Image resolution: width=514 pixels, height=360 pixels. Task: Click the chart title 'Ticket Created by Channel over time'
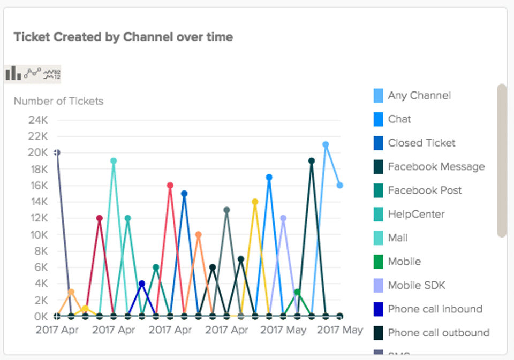123,37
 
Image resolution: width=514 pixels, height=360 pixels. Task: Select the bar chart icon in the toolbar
13,73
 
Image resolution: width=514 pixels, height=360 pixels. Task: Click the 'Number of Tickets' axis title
58,101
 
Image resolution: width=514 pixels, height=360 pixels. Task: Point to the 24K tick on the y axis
38,119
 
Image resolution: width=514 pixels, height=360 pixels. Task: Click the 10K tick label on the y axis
38,234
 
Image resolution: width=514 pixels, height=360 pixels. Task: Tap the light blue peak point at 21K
326,144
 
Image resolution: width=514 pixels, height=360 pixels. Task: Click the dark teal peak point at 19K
311,160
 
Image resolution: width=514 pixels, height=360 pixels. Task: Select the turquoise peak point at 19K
114,160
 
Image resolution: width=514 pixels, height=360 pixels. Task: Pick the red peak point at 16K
170,185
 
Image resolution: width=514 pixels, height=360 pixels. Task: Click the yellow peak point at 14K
255,202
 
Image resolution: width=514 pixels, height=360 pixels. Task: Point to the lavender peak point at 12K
283,218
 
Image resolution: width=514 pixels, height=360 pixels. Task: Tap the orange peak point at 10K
198,234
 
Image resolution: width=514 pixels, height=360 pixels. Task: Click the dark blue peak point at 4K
142,284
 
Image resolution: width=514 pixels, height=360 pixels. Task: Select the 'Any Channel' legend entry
419,96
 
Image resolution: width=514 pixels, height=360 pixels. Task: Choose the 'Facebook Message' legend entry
436,167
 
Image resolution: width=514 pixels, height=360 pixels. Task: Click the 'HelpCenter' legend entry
416,214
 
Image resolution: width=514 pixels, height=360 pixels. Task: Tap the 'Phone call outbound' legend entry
438,333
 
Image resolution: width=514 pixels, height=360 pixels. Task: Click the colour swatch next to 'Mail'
378,238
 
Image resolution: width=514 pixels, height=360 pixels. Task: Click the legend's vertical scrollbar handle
502,160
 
